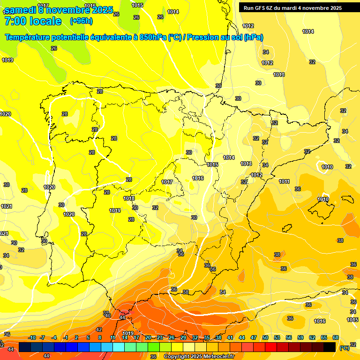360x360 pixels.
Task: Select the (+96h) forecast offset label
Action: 81,21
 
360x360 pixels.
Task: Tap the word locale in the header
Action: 45,21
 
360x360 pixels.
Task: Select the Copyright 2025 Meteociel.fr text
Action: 199,357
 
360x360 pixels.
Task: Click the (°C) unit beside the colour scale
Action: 344,348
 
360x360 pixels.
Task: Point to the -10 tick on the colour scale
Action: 32,337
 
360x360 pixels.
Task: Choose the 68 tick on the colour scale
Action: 336,337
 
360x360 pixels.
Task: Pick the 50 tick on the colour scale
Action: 265,337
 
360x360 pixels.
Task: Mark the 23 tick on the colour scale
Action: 160,337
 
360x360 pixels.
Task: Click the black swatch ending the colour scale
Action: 330,347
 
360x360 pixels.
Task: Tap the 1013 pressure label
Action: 246,164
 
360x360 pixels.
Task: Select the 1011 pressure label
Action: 284,181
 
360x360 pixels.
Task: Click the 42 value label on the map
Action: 99,330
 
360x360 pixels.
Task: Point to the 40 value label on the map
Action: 108,315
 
